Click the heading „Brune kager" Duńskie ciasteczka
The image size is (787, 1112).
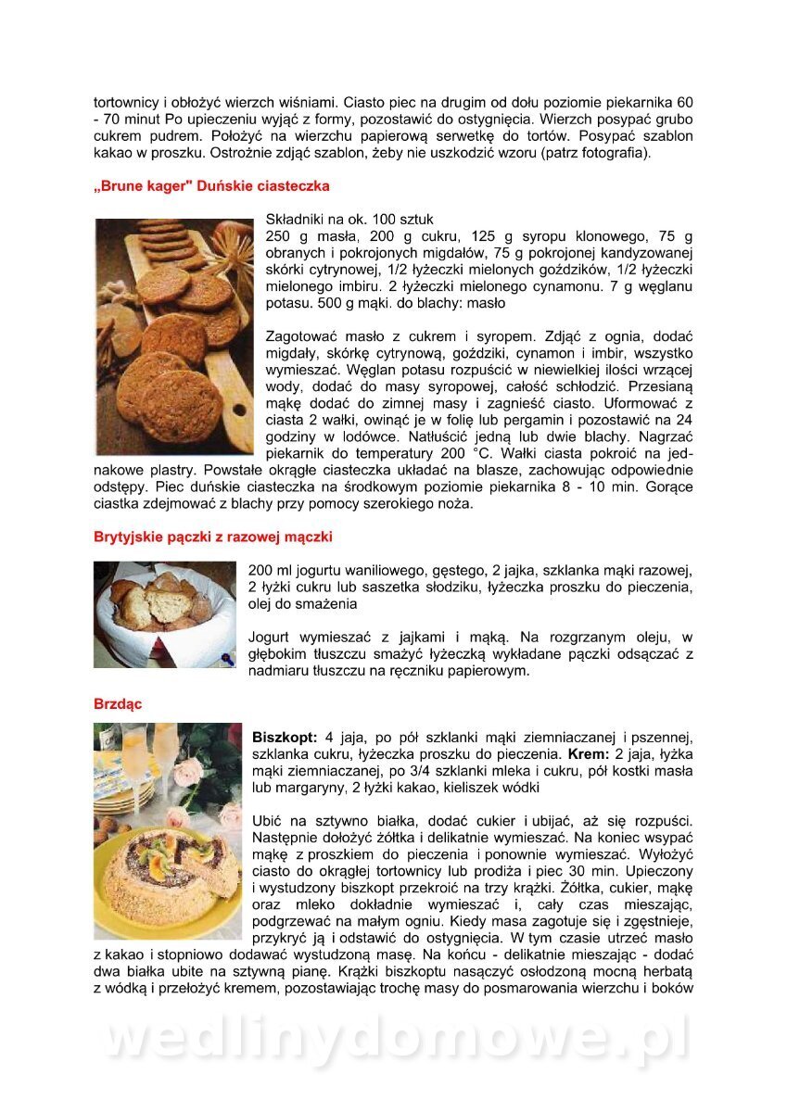[211, 186]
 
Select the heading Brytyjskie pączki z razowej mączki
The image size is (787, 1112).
[212, 537]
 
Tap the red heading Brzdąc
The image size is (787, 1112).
[117, 704]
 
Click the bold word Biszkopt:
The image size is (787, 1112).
[285, 738]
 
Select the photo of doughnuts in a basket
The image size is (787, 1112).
[164, 613]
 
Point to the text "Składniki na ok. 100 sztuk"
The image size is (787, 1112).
[349, 220]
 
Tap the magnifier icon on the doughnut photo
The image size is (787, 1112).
[226, 659]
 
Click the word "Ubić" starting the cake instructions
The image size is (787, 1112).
[267, 821]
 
